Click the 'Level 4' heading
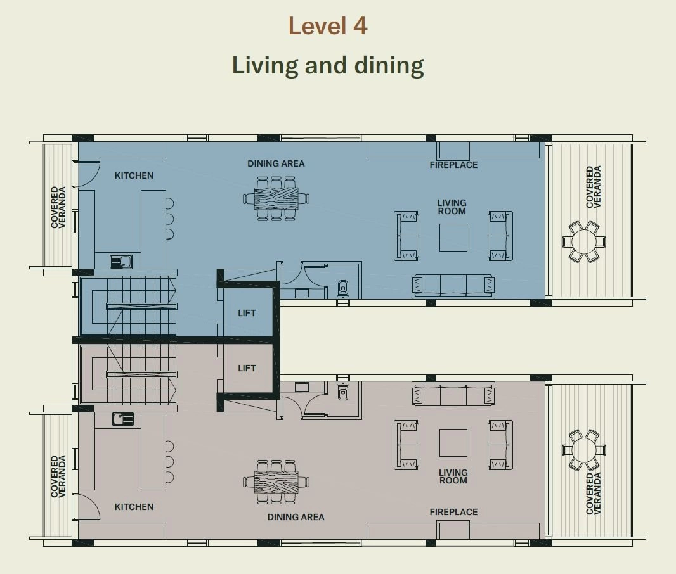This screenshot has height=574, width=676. coord(328,26)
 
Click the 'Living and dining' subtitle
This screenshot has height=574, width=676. coord(328,65)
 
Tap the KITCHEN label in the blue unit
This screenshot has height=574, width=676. coord(134,175)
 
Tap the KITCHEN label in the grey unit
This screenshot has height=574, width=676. coord(134,507)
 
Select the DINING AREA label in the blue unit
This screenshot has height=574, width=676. coord(276,163)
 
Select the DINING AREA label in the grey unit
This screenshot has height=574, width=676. coord(296,517)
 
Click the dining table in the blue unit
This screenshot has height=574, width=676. coord(276,198)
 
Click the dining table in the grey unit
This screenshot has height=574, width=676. coord(276,482)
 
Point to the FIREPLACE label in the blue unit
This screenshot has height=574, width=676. coord(453,165)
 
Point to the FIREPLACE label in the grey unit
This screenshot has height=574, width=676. coord(453,512)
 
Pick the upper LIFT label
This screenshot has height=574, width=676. coord(247,313)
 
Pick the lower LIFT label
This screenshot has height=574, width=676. coord(247,368)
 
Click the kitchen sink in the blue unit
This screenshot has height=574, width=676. coord(121,262)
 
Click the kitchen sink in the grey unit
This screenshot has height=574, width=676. coord(123,419)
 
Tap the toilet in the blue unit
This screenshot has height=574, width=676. coord(342,290)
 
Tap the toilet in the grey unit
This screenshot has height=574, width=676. coord(342,390)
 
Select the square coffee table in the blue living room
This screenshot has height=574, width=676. coord(453,237)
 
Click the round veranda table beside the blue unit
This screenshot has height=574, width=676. coord(584,241)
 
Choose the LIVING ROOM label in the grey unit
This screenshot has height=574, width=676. coord(453,476)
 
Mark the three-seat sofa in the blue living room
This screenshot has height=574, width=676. coord(453,286)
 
